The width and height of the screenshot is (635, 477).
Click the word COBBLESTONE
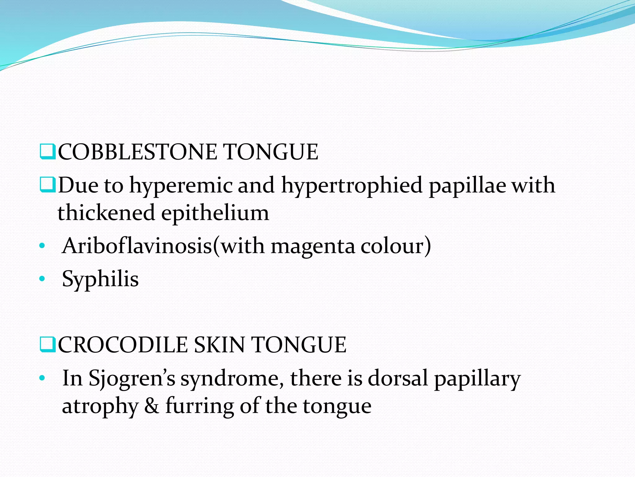138,152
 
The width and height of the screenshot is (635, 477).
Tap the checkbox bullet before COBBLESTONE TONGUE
47,152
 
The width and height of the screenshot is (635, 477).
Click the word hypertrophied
352,186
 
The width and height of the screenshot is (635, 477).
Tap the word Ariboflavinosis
137,246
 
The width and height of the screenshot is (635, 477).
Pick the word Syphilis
100,279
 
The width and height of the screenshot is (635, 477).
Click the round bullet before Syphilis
42,279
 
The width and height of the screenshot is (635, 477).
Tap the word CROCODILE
123,345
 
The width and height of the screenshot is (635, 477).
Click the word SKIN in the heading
219,345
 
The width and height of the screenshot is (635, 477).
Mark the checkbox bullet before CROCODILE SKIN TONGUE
47,345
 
